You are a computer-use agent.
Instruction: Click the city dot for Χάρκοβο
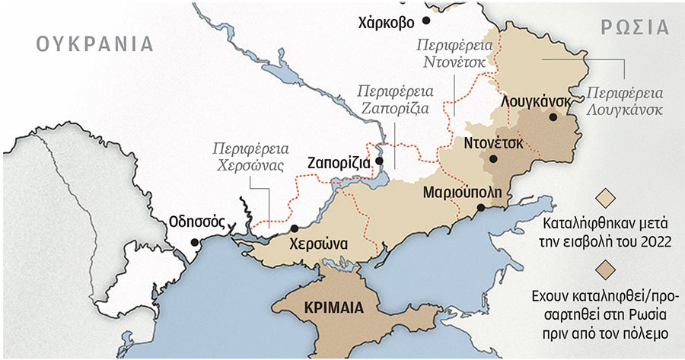pyautogui.click(x=426, y=21)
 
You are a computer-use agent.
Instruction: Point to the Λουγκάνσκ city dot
pyautogui.click(x=554, y=117)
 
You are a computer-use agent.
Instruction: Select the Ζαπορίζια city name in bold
pyautogui.click(x=339, y=162)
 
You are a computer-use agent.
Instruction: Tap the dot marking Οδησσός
pyautogui.click(x=195, y=242)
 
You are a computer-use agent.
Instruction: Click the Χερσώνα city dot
pyautogui.click(x=294, y=228)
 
